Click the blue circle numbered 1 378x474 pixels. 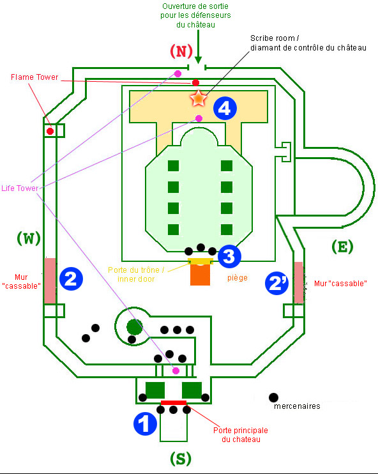click(x=145, y=424)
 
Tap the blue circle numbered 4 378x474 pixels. click(x=225, y=108)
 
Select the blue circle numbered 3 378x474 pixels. click(x=229, y=256)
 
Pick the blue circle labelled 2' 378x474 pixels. click(x=276, y=283)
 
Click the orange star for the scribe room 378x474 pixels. click(x=198, y=98)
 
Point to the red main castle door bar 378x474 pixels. click(x=174, y=402)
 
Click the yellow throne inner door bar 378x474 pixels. click(x=200, y=261)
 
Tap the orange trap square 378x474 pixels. click(x=200, y=275)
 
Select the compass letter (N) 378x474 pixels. click(x=181, y=51)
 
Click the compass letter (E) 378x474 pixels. click(x=342, y=247)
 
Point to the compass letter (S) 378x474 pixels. click(x=181, y=459)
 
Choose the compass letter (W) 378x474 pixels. click(x=29, y=238)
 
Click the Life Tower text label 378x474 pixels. click(x=20, y=188)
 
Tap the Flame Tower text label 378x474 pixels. click(x=34, y=77)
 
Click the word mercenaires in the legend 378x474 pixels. click(x=297, y=406)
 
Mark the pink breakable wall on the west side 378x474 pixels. click(x=50, y=281)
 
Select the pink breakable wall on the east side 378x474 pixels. click(x=299, y=282)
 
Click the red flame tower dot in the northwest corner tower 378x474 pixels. click(x=50, y=131)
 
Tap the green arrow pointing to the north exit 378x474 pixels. click(x=198, y=47)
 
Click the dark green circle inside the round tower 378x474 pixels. click(x=135, y=327)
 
